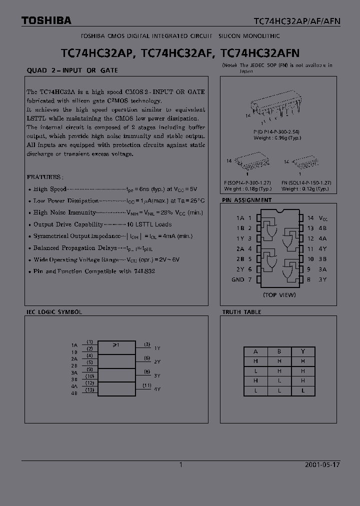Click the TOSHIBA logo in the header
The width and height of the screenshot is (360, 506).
(46, 20)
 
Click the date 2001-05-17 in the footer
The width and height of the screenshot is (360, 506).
(322, 464)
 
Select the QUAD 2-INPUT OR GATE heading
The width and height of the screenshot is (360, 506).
(72, 70)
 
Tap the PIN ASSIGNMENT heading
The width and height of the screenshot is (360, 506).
(247, 200)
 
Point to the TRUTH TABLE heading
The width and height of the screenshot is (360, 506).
(241, 312)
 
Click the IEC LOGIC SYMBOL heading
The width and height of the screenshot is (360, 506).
(54, 312)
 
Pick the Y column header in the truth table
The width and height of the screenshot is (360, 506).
(303, 351)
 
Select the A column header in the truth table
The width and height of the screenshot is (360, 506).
(256, 351)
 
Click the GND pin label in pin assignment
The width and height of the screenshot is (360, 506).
(237, 279)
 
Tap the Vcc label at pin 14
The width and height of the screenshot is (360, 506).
(323, 218)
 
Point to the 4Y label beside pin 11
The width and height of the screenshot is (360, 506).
(323, 249)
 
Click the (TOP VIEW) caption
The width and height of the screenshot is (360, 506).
(279, 295)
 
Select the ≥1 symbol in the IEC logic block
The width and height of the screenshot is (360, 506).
(115, 345)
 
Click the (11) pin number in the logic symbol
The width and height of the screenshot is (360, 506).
(147, 385)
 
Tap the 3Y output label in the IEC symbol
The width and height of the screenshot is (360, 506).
(157, 375)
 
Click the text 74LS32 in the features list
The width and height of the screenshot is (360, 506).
(145, 271)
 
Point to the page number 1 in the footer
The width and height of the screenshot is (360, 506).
(181, 464)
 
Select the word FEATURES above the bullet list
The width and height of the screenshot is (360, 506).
(44, 177)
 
